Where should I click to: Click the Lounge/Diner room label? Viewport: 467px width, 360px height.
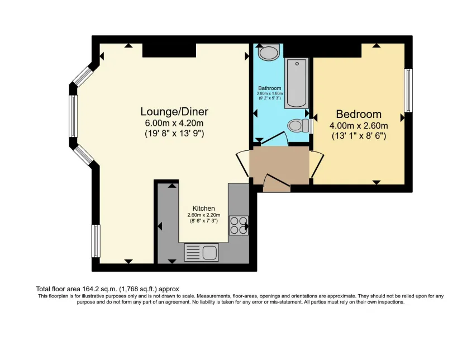(x=170, y=111)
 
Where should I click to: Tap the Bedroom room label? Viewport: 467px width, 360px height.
(x=358, y=114)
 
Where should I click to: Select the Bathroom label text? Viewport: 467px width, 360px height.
(x=269, y=88)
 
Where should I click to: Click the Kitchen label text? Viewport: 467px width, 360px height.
(x=204, y=209)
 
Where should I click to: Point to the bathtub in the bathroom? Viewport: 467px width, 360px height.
(x=296, y=83)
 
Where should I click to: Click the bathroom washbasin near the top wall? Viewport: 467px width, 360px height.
(x=269, y=53)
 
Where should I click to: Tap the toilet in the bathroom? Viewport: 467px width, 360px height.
(x=298, y=124)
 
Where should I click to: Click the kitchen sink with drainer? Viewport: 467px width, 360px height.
(x=201, y=253)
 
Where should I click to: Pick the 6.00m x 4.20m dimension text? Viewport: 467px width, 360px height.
(x=170, y=123)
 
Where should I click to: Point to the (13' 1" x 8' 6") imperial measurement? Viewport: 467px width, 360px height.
(x=358, y=135)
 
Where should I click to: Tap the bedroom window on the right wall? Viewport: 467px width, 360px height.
(x=408, y=90)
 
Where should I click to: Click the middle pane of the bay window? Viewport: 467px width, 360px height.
(x=73, y=117)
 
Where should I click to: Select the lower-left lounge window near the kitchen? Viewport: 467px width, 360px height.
(x=96, y=240)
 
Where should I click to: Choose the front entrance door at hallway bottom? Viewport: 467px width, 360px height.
(x=276, y=183)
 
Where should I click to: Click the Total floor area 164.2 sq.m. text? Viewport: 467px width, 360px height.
(x=108, y=288)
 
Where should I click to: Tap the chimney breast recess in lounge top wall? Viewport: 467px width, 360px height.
(x=169, y=50)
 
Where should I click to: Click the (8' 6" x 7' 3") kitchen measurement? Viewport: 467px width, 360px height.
(x=204, y=221)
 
